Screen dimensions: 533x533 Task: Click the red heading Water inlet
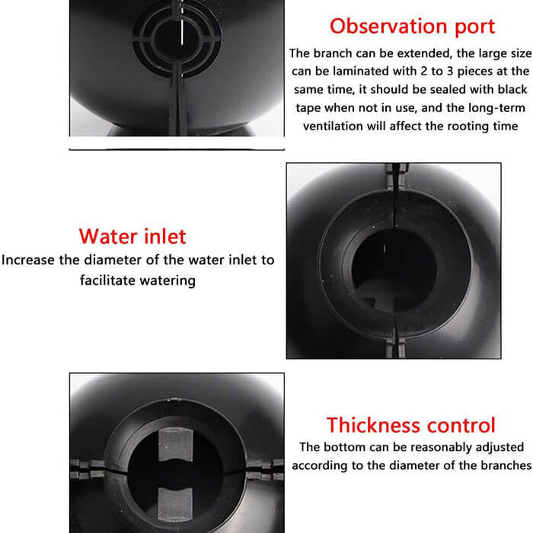(x=132, y=235)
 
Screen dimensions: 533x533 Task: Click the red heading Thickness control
(x=411, y=424)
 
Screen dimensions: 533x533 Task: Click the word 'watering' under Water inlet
(x=167, y=280)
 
